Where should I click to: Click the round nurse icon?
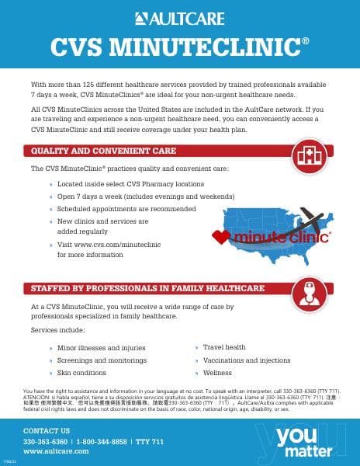click(310, 287)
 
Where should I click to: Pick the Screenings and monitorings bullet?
click(102, 360)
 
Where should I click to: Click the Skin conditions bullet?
click(86, 374)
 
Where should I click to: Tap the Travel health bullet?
click(225, 347)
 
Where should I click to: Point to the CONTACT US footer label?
click(47, 430)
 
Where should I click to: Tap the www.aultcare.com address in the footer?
click(56, 451)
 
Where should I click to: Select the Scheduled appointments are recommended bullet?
click(126, 209)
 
